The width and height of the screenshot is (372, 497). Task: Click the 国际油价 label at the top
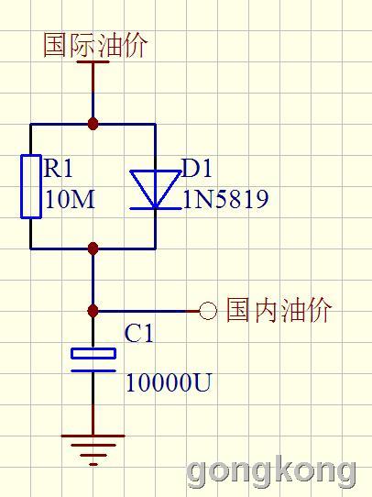[95, 45]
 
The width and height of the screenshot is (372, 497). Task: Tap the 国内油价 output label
[279, 310]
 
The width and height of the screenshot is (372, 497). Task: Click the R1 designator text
[59, 167]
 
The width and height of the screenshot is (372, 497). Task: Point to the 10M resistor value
[70, 199]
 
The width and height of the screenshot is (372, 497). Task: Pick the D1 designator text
[197, 167]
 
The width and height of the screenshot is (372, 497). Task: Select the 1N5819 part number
[225, 199]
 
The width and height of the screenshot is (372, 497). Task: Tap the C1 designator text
[138, 333]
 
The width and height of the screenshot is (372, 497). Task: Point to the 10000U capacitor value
[168, 382]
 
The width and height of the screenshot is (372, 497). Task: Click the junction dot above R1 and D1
[93, 123]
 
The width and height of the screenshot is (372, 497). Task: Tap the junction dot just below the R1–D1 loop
[93, 248]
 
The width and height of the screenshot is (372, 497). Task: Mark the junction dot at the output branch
[93, 311]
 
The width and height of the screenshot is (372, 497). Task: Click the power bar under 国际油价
[93, 61]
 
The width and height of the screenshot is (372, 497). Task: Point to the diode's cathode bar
[156, 208]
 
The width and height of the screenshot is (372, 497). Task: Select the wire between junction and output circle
[148, 311]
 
